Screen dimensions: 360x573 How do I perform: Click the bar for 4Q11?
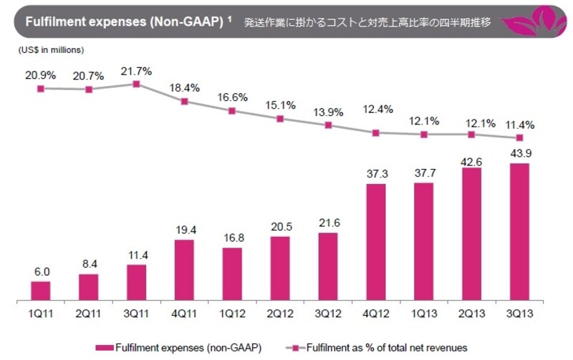(184, 270)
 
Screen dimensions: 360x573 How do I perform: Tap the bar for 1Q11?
(41, 291)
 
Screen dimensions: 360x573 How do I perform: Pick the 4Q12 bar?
(376, 242)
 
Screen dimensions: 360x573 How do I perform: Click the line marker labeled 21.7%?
(136, 84)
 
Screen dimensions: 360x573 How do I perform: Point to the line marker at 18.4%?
(184, 102)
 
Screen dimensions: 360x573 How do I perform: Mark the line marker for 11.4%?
(519, 137)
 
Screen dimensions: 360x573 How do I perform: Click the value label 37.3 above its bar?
(376, 174)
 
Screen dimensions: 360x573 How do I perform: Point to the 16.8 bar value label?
(232, 238)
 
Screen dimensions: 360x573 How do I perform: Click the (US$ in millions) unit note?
(49, 50)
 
